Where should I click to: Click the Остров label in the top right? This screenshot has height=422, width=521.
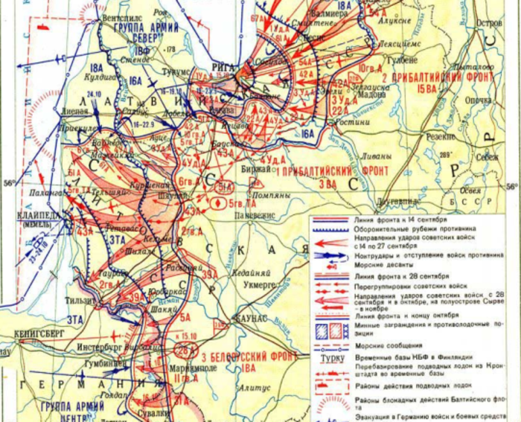488,24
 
